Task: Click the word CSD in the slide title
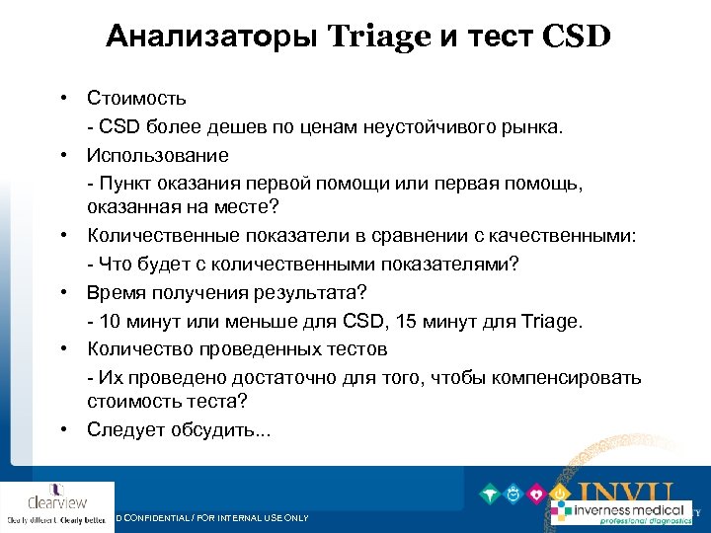[577, 38]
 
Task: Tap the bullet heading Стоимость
[136, 99]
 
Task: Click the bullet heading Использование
[158, 155]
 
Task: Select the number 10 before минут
[106, 322]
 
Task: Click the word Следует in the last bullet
[122, 429]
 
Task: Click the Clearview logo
[57, 504]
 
